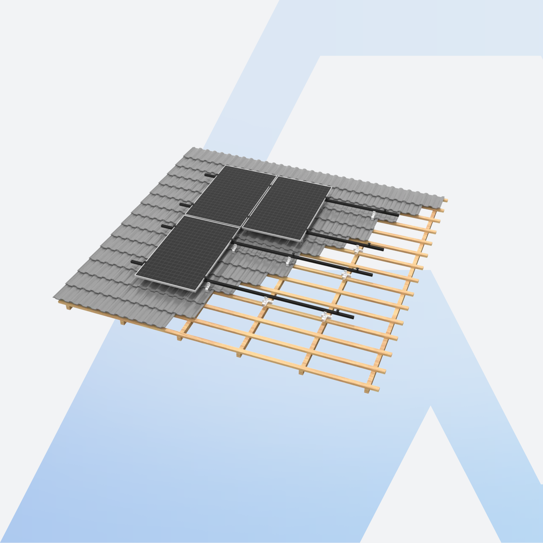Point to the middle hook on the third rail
click(x=288, y=262)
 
